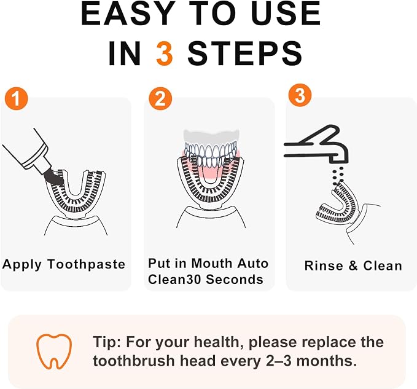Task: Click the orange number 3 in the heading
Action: [165, 53]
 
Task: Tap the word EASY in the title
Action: [127, 14]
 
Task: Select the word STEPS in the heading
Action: [244, 53]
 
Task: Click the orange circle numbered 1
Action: [16, 99]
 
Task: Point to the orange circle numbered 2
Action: [160, 99]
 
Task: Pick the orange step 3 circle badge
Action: [300, 95]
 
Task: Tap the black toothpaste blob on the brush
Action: [54, 177]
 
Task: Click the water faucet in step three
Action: [316, 144]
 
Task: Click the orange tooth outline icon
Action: [54, 351]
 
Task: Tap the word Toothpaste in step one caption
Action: [86, 264]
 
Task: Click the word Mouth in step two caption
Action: [212, 264]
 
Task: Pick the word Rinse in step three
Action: [324, 265]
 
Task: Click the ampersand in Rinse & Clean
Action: [353, 265]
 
